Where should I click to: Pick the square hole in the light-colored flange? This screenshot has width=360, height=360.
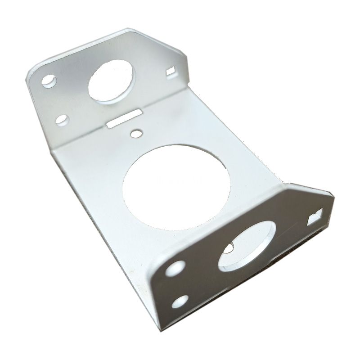171,71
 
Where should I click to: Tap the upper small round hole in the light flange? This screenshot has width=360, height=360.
48,81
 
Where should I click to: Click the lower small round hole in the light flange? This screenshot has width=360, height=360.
62,120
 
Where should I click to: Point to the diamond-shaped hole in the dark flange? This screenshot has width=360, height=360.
315,218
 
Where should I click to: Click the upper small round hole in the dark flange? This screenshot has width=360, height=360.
175,268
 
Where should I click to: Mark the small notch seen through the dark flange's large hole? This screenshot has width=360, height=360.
229,247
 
